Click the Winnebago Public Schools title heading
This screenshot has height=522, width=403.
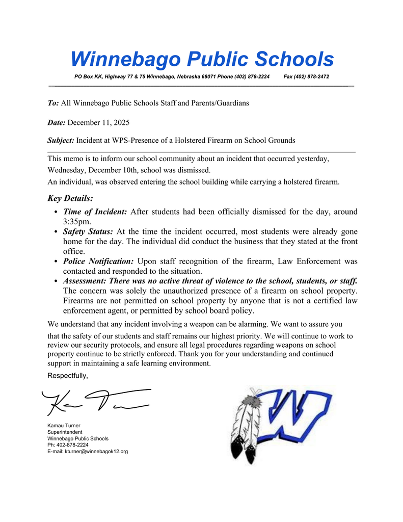click(202, 60)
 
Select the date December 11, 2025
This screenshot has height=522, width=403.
click(99, 123)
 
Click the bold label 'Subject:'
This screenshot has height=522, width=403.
click(61, 140)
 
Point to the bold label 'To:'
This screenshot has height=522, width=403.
click(53, 103)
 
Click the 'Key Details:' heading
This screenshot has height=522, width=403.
click(70, 198)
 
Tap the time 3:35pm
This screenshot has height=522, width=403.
click(76, 222)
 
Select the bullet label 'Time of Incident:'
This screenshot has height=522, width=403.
click(95, 212)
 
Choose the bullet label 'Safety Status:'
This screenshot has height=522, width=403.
click(88, 231)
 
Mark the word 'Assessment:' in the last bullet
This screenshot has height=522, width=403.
click(85, 281)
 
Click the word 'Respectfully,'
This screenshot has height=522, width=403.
click(68, 376)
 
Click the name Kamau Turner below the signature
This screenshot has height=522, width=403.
click(64, 425)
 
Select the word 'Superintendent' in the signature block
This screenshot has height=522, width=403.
click(65, 432)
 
